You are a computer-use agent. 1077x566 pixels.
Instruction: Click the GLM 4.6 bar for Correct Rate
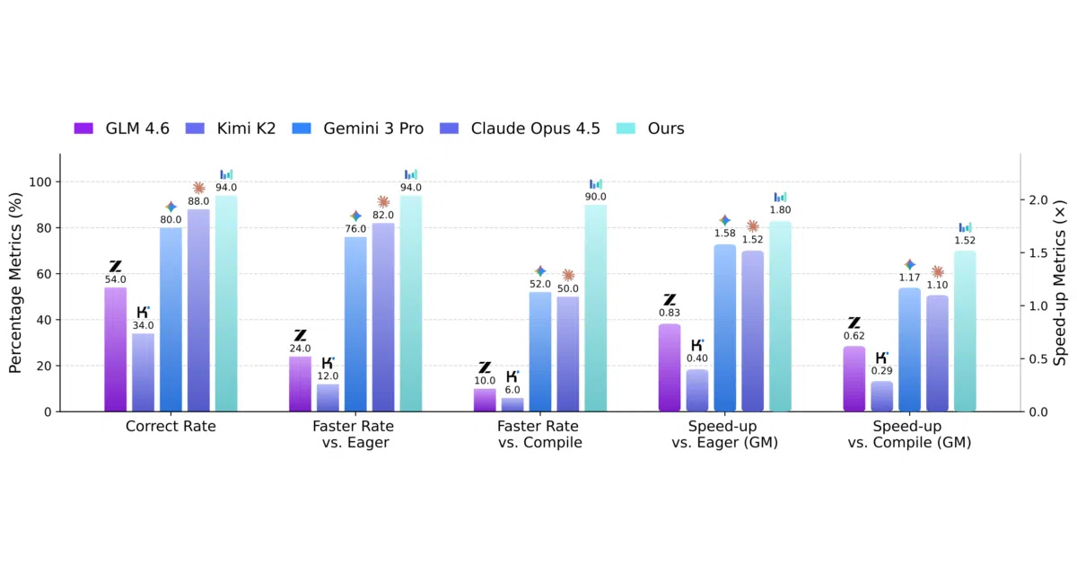coord(116,349)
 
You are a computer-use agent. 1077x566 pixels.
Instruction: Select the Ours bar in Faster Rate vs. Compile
coord(595,308)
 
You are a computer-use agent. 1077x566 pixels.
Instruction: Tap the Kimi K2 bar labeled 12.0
coord(328,397)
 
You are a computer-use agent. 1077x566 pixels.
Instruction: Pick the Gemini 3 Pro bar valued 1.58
coord(724,328)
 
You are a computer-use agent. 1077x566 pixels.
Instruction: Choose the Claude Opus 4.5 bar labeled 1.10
coord(937,353)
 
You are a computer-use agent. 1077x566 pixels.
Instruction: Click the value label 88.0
coord(198,201)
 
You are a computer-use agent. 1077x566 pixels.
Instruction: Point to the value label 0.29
coord(881,370)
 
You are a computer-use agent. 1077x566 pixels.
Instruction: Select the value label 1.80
coord(780,210)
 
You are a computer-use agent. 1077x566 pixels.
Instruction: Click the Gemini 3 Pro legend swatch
coord(302,128)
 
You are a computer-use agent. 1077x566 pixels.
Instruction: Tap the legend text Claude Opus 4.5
coord(535,128)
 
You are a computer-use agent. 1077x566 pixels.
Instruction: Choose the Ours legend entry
coord(650,128)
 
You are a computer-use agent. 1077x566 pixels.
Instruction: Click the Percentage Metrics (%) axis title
coord(15,283)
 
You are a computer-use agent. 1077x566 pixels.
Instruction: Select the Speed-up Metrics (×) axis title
coord(1061,283)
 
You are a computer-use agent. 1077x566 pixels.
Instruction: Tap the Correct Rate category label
coord(171,427)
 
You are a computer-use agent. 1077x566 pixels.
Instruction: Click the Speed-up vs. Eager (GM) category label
coord(724,434)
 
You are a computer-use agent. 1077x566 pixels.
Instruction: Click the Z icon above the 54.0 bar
coord(116,266)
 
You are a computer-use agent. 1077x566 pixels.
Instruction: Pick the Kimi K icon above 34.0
coord(143,312)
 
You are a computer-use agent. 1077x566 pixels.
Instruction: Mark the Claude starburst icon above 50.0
coord(568,275)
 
